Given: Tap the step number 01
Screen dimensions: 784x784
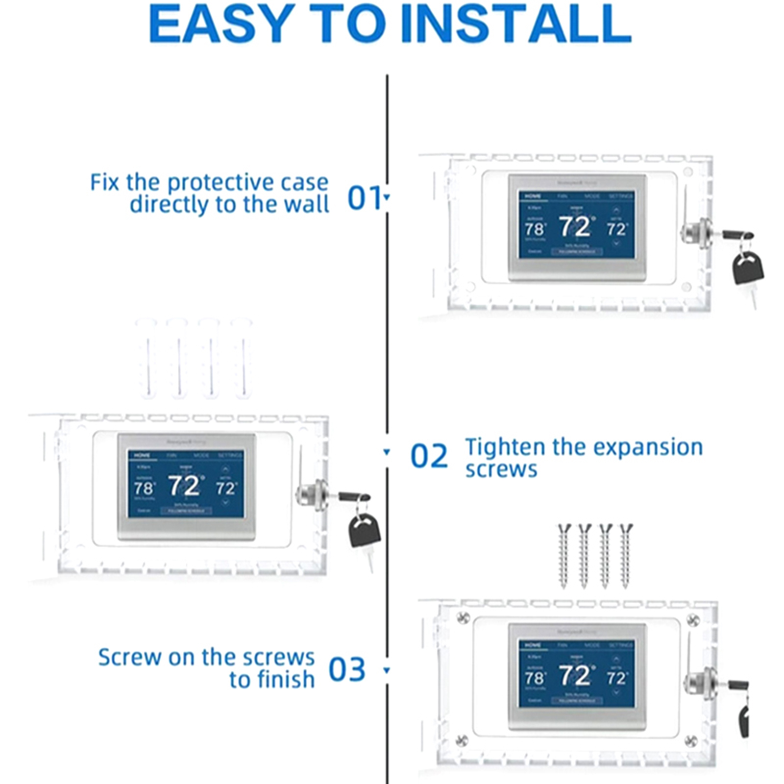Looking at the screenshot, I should click(365, 198).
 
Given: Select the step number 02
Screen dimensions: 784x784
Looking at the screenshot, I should click(429, 456).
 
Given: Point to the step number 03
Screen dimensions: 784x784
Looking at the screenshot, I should click(347, 669).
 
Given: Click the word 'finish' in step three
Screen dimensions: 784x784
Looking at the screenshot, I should click(286, 680).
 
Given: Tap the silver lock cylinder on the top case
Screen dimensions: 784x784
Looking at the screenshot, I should click(696, 234).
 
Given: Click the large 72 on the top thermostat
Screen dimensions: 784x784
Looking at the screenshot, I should click(575, 226).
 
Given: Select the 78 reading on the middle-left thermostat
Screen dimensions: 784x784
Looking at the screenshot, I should click(143, 488).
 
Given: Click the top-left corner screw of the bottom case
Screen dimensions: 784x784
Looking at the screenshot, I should click(463, 618).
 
